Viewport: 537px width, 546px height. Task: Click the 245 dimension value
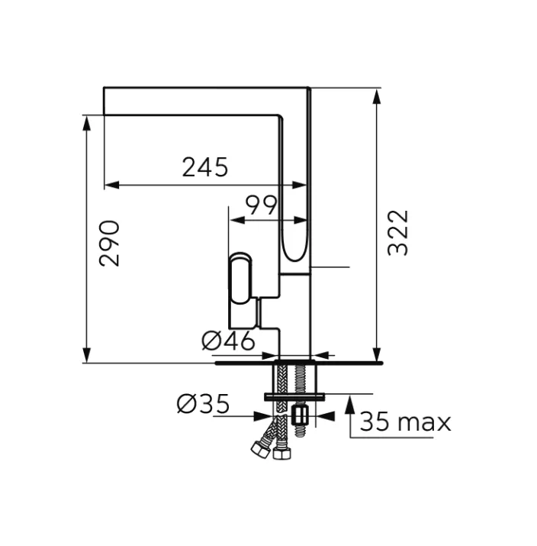204,166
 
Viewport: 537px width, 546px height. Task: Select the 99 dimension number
261,205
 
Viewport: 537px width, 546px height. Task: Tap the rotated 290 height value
110,243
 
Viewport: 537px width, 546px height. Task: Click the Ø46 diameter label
228,341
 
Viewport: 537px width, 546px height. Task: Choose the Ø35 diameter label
203,404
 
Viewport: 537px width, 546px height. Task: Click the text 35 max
405,422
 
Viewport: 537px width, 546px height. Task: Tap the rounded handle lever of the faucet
240,279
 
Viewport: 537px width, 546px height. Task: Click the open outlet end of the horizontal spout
105,102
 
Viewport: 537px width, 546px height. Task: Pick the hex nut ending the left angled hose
259,449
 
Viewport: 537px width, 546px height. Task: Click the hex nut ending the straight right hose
281,454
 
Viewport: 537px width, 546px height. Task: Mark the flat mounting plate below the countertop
294,396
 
